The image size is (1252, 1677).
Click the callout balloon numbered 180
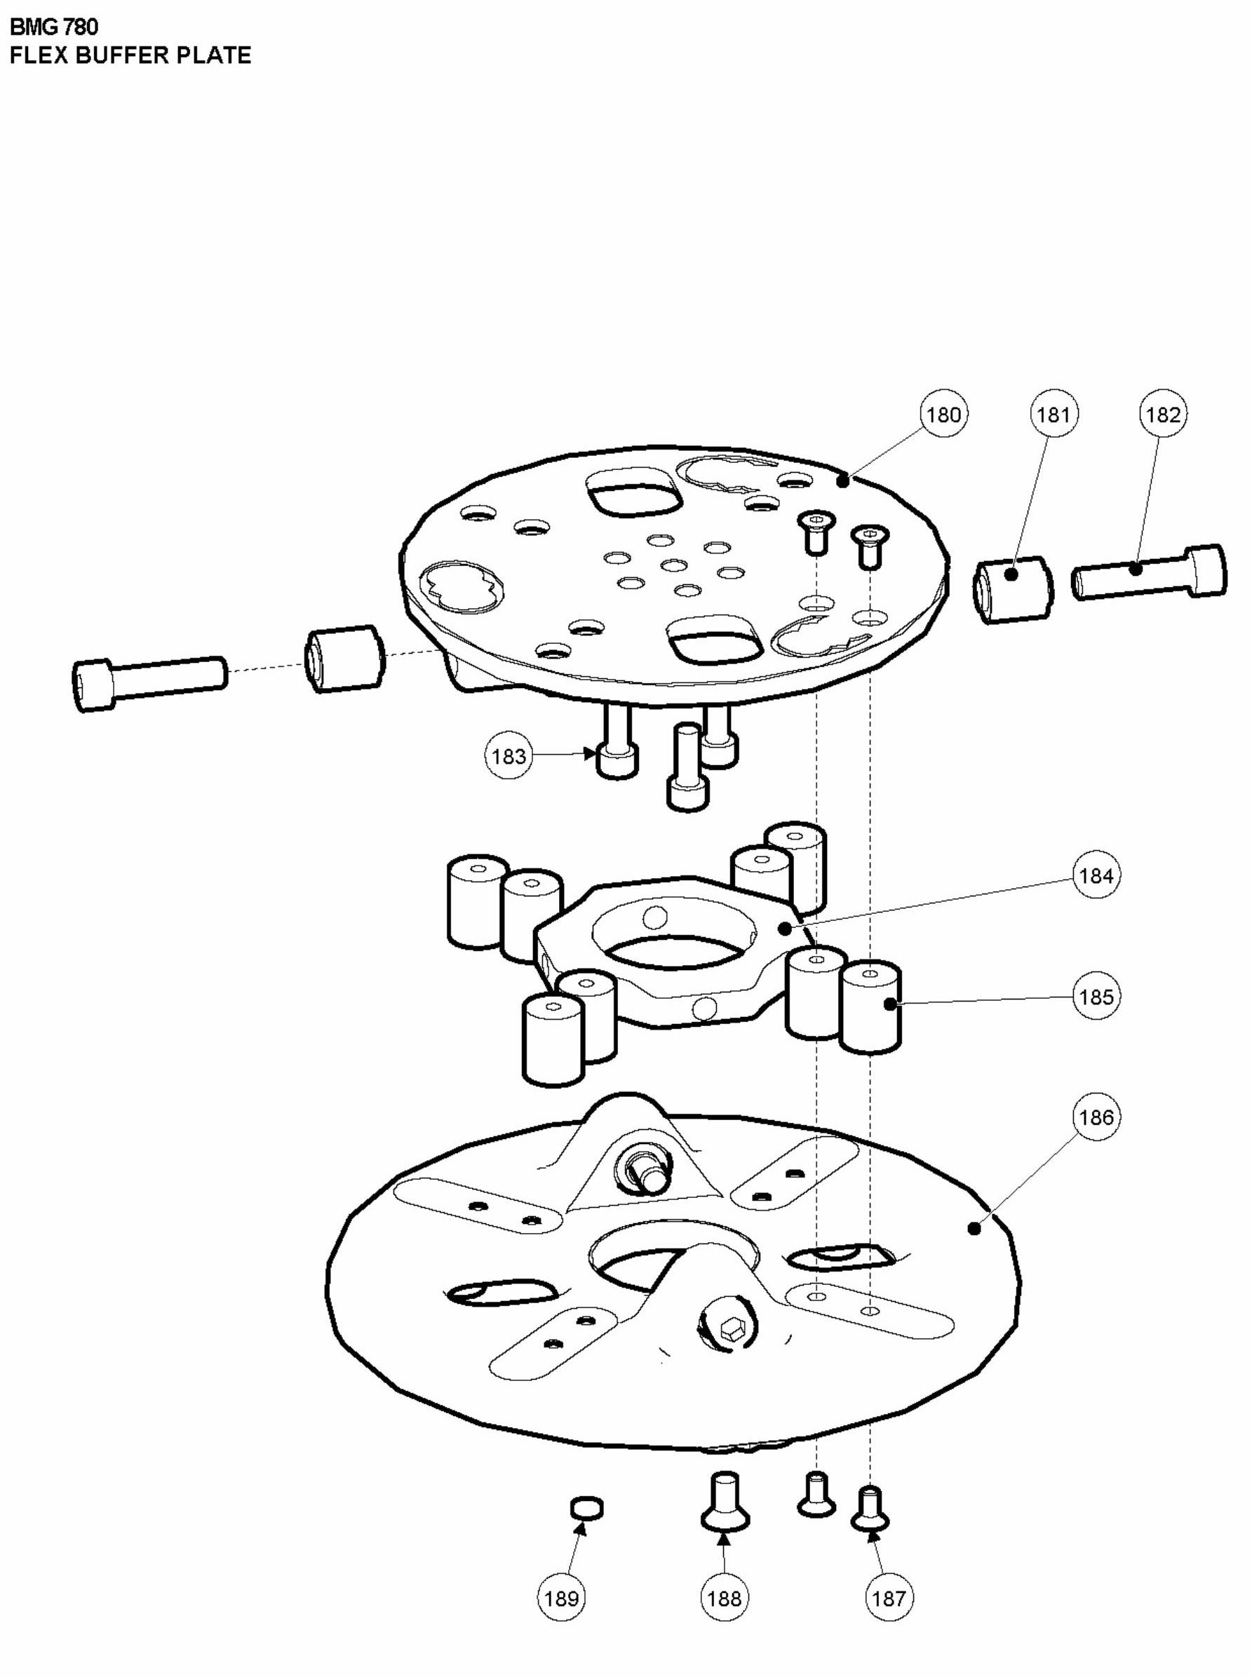coord(943,415)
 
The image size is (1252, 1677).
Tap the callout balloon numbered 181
coord(1054,415)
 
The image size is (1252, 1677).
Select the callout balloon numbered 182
coord(1164,415)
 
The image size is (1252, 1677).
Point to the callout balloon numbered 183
coord(509,755)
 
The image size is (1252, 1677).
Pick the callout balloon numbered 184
coord(1096,876)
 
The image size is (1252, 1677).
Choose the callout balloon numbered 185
coord(1096,997)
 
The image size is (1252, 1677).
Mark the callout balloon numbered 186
coord(1096,1117)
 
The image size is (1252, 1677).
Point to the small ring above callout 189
coord(587,1508)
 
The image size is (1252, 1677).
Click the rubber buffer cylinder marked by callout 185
coord(872,1006)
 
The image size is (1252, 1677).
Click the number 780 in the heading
coord(78,27)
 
